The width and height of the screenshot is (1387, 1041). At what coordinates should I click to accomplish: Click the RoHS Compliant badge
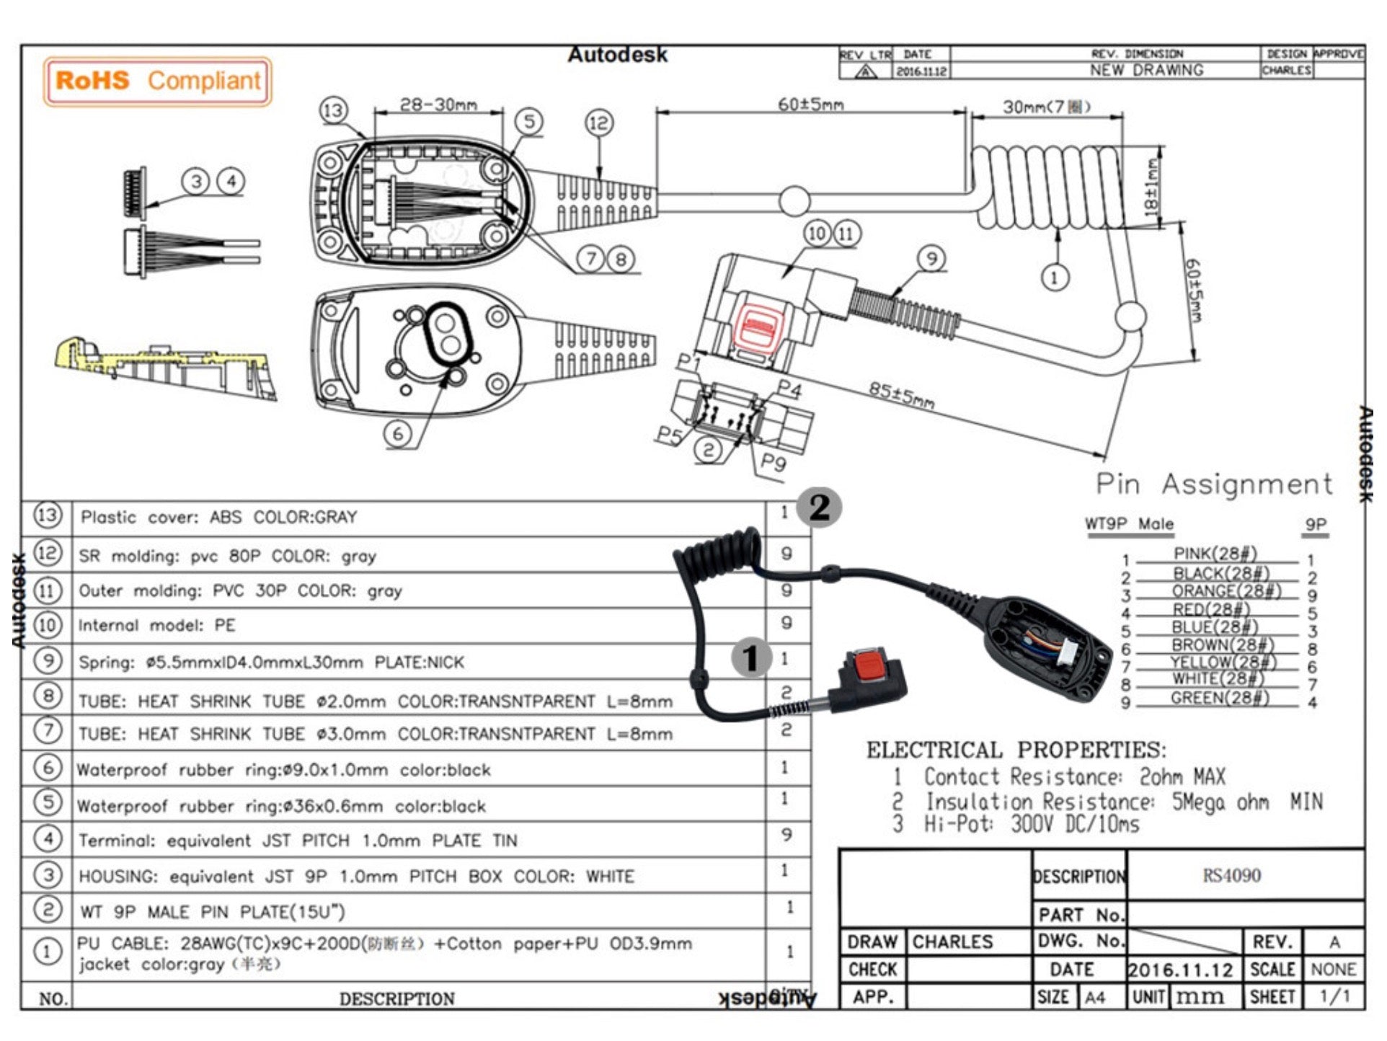158,81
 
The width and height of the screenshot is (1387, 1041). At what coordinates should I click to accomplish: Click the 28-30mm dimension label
438,105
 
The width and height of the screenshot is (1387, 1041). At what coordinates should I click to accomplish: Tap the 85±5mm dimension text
901,395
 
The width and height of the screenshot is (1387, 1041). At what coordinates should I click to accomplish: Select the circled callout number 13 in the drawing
333,111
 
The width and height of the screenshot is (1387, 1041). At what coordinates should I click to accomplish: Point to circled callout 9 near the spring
931,259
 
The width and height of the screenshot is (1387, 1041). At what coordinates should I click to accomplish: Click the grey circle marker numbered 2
819,508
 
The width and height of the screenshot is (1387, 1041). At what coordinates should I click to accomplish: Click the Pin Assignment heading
1214,484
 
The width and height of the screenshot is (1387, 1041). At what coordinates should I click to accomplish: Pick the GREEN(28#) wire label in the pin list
1219,698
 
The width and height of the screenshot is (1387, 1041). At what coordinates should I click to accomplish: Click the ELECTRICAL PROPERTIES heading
1015,750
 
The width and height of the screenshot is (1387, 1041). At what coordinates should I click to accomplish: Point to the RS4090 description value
1231,875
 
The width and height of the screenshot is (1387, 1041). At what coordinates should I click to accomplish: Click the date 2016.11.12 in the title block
1181,970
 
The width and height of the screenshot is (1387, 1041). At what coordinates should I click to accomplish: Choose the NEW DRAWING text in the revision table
1146,71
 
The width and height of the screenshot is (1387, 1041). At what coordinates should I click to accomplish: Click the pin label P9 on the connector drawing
773,462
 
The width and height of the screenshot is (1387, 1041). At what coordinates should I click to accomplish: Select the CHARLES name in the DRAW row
952,942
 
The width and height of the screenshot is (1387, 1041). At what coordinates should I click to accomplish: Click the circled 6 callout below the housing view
397,433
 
